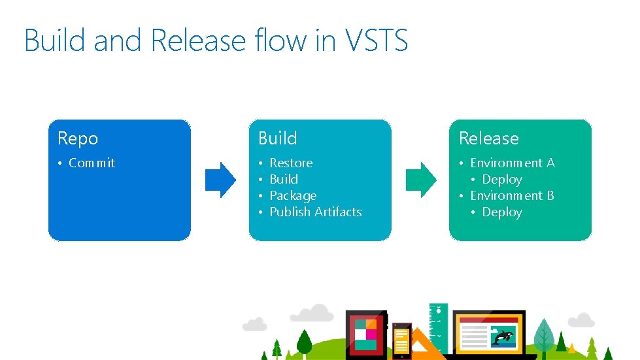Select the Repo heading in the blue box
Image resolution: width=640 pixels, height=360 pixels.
(x=78, y=139)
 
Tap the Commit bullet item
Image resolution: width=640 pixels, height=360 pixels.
(x=92, y=163)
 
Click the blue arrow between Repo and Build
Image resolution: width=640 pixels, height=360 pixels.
(x=220, y=180)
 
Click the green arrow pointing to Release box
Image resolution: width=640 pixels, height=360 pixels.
(x=420, y=180)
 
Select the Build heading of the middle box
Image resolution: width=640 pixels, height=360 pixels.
(x=278, y=139)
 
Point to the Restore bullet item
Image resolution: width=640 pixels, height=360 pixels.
(x=291, y=163)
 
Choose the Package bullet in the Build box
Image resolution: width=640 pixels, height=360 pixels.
(x=293, y=196)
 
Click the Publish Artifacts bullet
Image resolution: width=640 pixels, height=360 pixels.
(x=315, y=212)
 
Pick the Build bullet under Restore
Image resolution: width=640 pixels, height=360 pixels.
(x=284, y=180)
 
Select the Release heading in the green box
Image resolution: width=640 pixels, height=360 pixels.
(x=488, y=139)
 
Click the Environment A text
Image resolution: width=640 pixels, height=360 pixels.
(x=512, y=163)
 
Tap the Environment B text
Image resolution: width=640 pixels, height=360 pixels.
(x=512, y=196)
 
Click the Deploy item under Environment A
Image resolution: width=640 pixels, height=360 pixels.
(x=501, y=180)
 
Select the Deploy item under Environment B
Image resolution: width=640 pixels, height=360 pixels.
(x=501, y=212)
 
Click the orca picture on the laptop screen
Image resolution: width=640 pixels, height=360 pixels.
(x=503, y=336)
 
